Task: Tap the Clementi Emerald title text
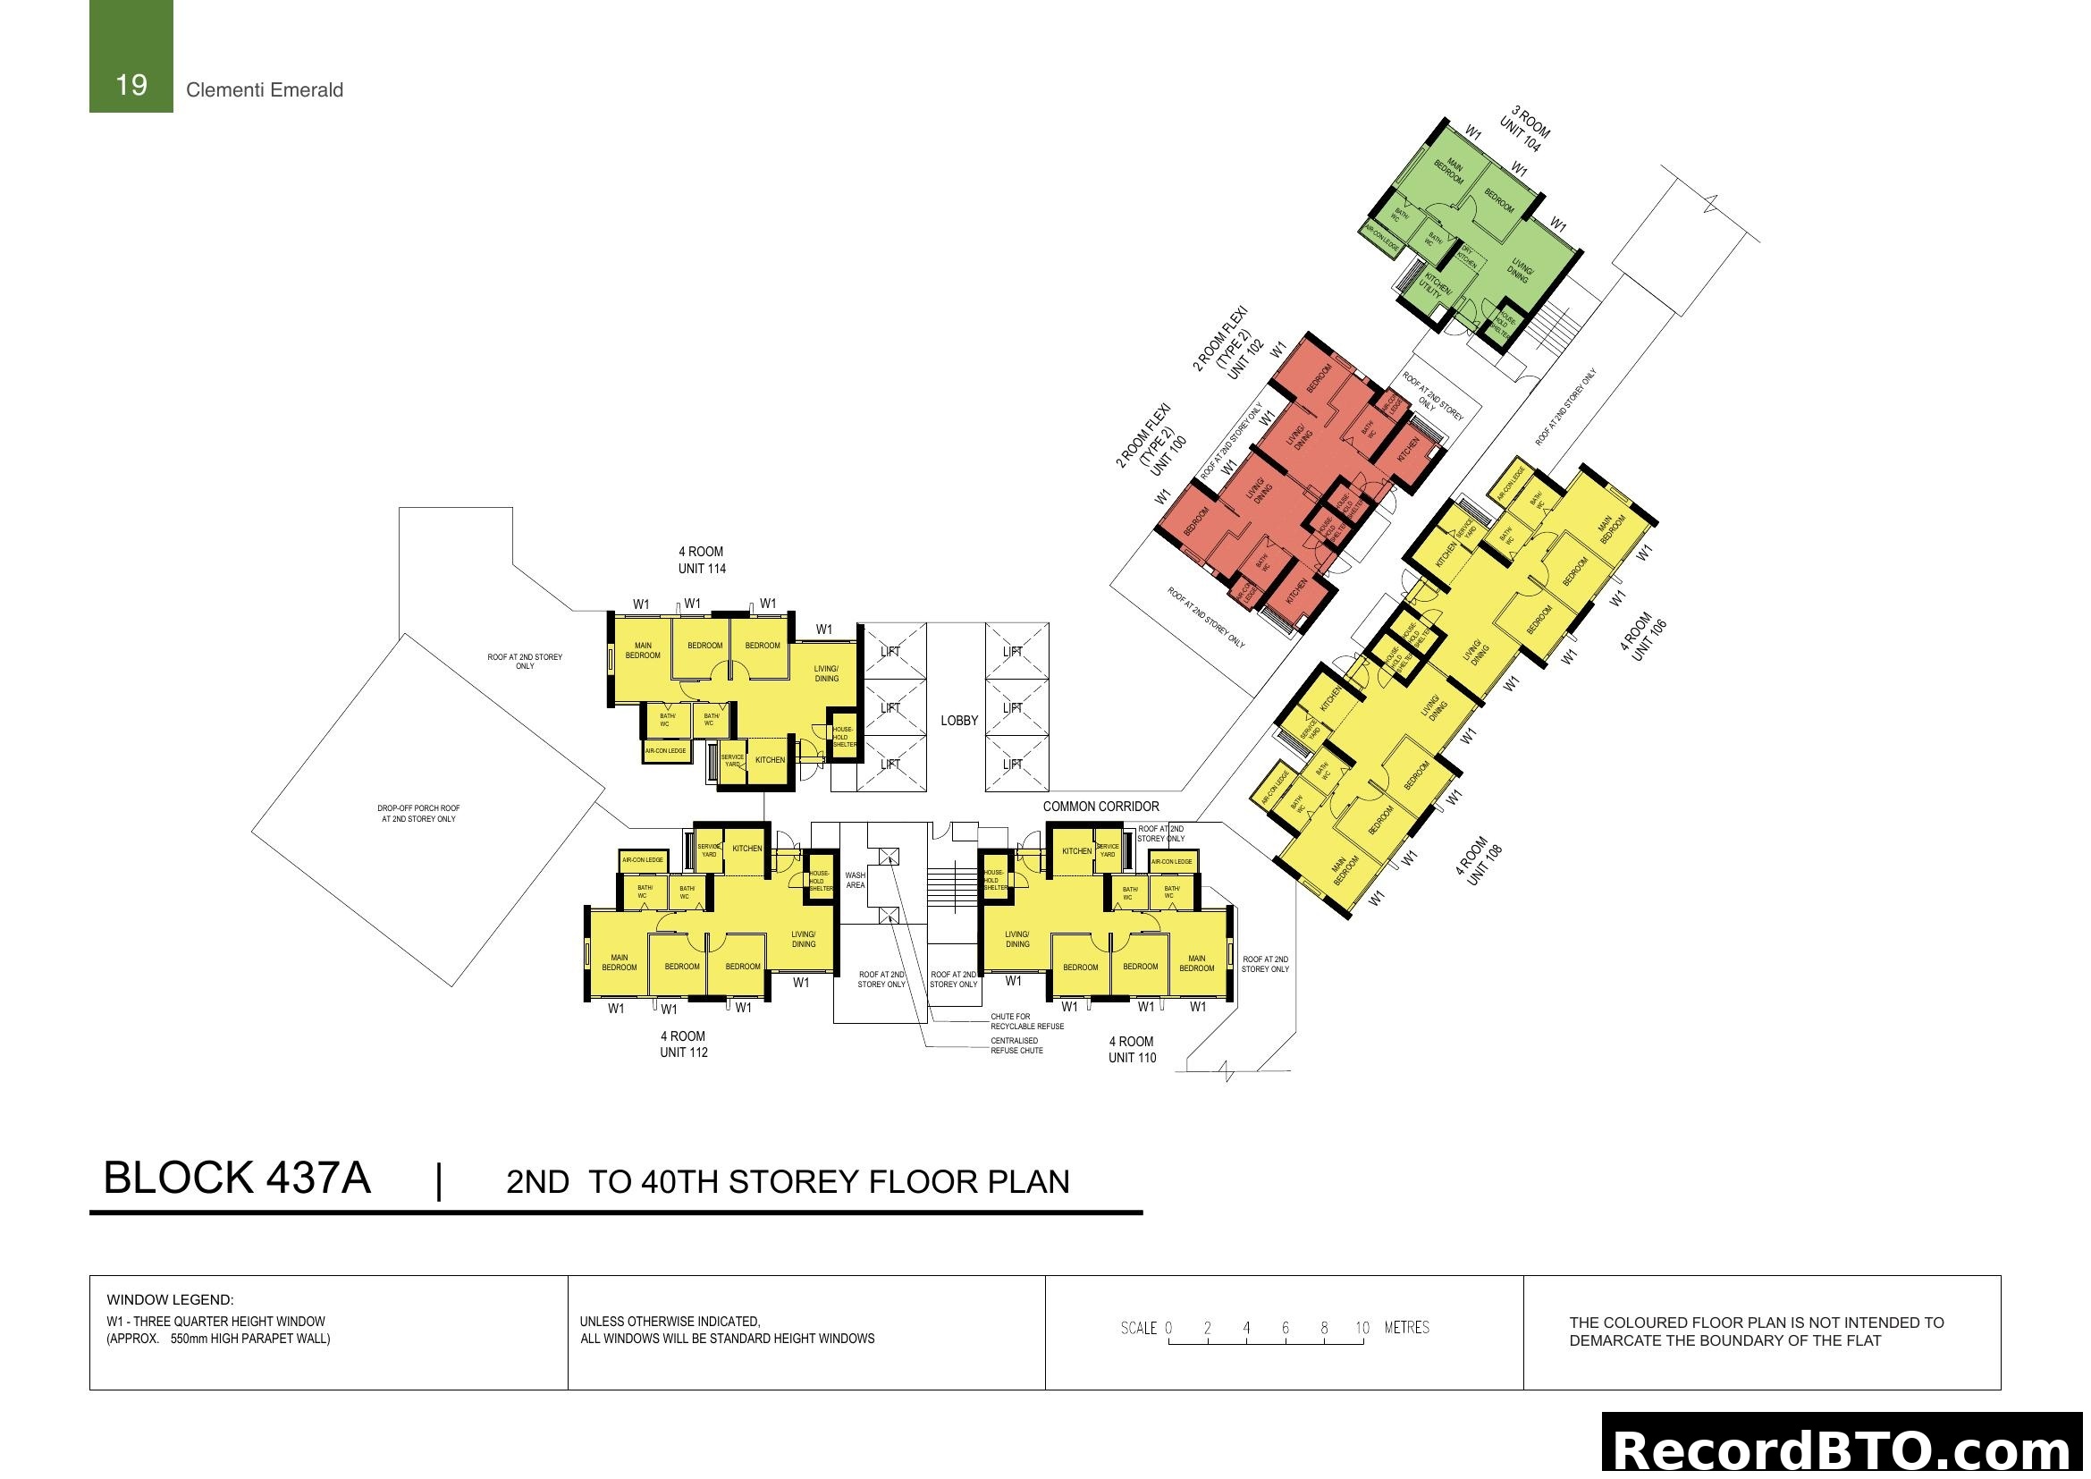tap(264, 90)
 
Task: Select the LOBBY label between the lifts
tap(959, 721)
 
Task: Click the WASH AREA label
tap(856, 880)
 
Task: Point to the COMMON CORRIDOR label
tap(1100, 807)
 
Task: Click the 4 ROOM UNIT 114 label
tap(701, 560)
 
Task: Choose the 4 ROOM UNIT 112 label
tap(683, 1044)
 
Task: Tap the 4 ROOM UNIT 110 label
tap(1131, 1049)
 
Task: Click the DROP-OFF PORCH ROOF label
tap(419, 813)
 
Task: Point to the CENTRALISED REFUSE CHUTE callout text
tap(1016, 1045)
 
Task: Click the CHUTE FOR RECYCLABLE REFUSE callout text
tap(1026, 1021)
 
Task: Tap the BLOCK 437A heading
tap(237, 1179)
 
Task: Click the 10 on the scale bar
tap(1362, 1328)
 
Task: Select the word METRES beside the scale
tap(1406, 1328)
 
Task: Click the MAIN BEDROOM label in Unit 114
tap(642, 650)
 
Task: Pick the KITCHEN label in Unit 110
tap(1075, 851)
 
